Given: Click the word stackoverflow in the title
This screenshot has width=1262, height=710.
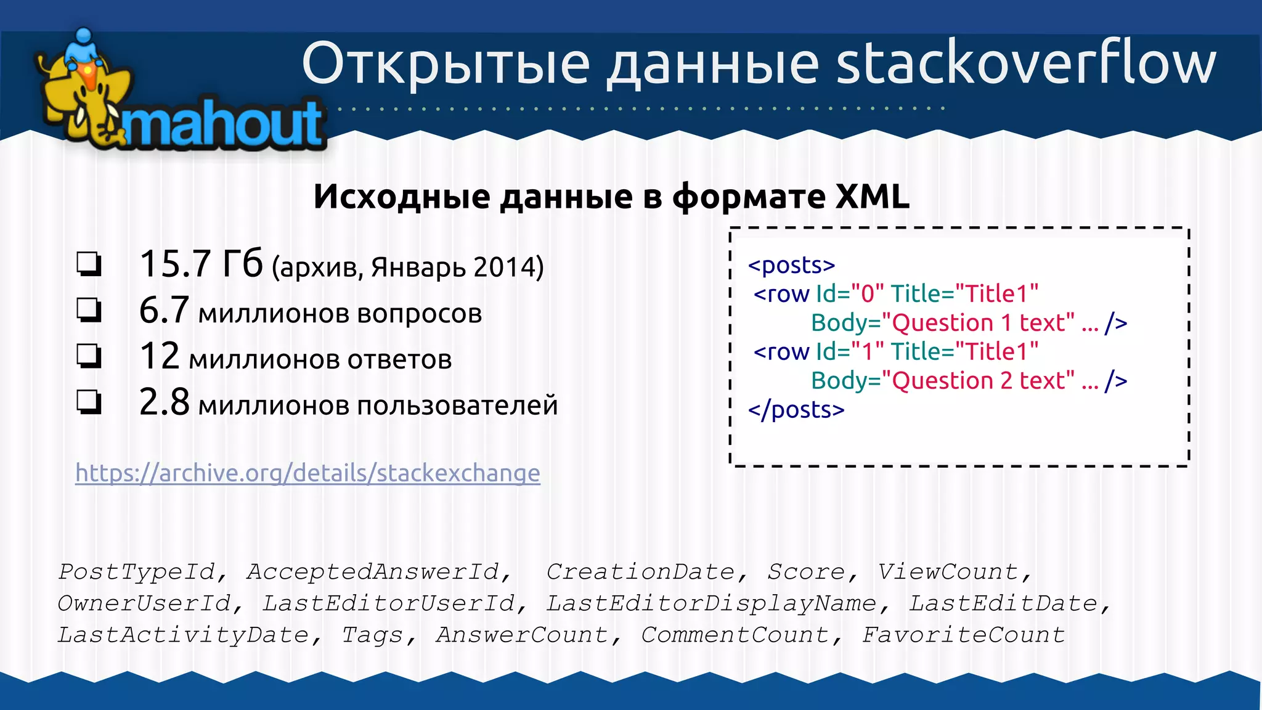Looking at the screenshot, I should pos(1025,63).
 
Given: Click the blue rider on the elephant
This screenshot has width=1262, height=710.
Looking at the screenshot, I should pos(84,46).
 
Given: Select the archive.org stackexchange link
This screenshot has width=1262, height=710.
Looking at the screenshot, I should pos(307,473).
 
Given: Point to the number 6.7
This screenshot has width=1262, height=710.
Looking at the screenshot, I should pos(164,311).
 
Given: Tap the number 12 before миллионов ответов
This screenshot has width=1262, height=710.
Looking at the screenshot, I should pos(160,357).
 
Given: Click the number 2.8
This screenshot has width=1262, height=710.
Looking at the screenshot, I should pos(164,403).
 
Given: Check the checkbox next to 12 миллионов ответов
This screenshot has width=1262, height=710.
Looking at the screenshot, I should pos(89,356).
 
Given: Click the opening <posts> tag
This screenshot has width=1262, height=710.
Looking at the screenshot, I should pos(791,266).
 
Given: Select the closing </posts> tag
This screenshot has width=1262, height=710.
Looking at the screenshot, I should pos(796,410).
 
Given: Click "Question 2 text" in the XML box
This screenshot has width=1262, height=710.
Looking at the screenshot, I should pos(978,381).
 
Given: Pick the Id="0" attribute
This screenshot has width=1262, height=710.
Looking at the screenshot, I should pos(850,294).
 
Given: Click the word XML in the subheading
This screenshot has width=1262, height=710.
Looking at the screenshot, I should pos(872,197).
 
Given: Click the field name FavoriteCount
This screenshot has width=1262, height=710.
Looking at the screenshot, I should pos(963,635).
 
